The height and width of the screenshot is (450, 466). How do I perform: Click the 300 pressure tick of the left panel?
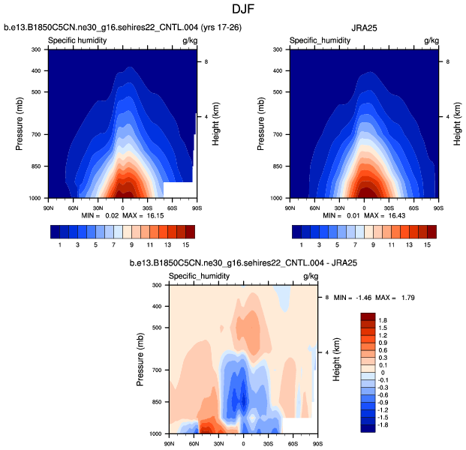coord(35,49)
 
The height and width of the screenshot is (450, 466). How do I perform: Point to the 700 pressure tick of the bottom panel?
coord(155,370)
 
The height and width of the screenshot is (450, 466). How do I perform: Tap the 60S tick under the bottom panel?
coord(293,441)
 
